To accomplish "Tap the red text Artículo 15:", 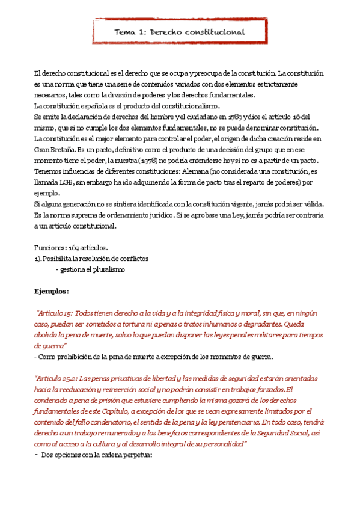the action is tap(57, 313).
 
